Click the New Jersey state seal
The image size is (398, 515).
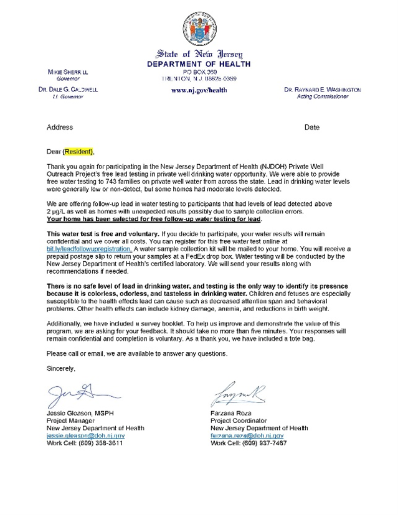[x=199, y=29]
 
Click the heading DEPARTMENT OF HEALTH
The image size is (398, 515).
[x=199, y=64]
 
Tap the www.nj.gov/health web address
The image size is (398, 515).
[x=199, y=90]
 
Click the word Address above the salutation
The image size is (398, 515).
[x=60, y=128]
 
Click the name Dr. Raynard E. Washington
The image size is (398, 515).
[x=322, y=90]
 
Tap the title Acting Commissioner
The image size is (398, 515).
[x=322, y=97]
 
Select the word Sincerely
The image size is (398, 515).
[x=61, y=369]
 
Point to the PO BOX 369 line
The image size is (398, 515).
[x=199, y=72]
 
